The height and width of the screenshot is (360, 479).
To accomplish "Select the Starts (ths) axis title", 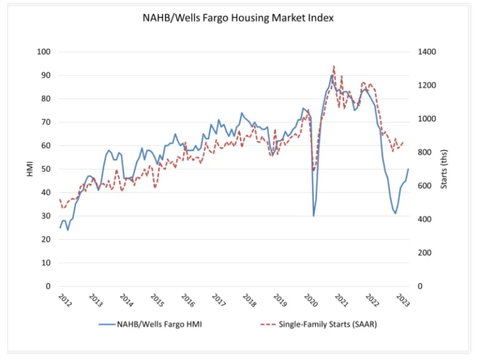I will click(x=444, y=169).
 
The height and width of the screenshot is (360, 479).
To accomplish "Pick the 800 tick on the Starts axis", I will click(x=424, y=152).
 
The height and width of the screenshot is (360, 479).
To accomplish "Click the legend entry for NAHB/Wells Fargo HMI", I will click(x=155, y=324).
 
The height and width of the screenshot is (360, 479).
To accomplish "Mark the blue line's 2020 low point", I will click(x=313, y=216).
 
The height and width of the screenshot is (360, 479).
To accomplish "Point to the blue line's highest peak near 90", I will click(x=332, y=75).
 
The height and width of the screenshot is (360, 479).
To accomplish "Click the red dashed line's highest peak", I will click(x=334, y=66).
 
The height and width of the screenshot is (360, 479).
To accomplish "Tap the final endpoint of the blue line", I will click(x=408, y=169).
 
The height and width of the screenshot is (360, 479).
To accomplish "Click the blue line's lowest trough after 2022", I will click(x=395, y=214).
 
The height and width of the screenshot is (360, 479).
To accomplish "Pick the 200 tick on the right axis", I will click(x=424, y=253).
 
